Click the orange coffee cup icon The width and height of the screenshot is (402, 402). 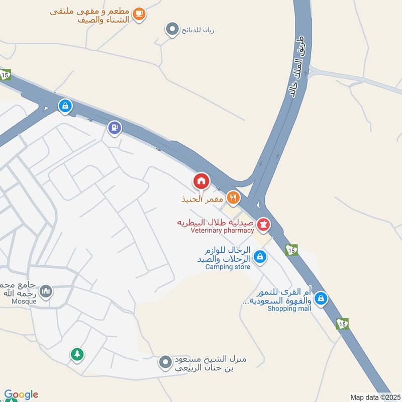pyautogui.click(x=140, y=15)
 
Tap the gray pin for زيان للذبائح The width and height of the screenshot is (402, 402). pyautogui.click(x=172, y=30)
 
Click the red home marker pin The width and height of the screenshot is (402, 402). pyautogui.click(x=201, y=181)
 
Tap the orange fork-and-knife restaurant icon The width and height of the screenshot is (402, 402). pyautogui.click(x=232, y=198)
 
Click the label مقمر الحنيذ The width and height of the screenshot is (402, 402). pyautogui.click(x=203, y=199)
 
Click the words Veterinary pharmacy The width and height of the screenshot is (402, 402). pyautogui.click(x=222, y=231)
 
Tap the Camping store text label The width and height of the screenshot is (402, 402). pyautogui.click(x=228, y=267)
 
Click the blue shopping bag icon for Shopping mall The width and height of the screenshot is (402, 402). pyautogui.click(x=321, y=300)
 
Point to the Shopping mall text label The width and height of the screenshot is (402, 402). pyautogui.click(x=289, y=309)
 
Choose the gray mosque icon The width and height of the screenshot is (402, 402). pyautogui.click(x=46, y=291)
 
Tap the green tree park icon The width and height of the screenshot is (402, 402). pyautogui.click(x=76, y=355)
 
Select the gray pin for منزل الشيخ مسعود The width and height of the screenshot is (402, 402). pyautogui.click(x=165, y=362)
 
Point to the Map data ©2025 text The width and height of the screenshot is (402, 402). pyautogui.click(x=374, y=397)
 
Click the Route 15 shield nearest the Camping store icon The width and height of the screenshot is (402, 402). pyautogui.click(x=291, y=250)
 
